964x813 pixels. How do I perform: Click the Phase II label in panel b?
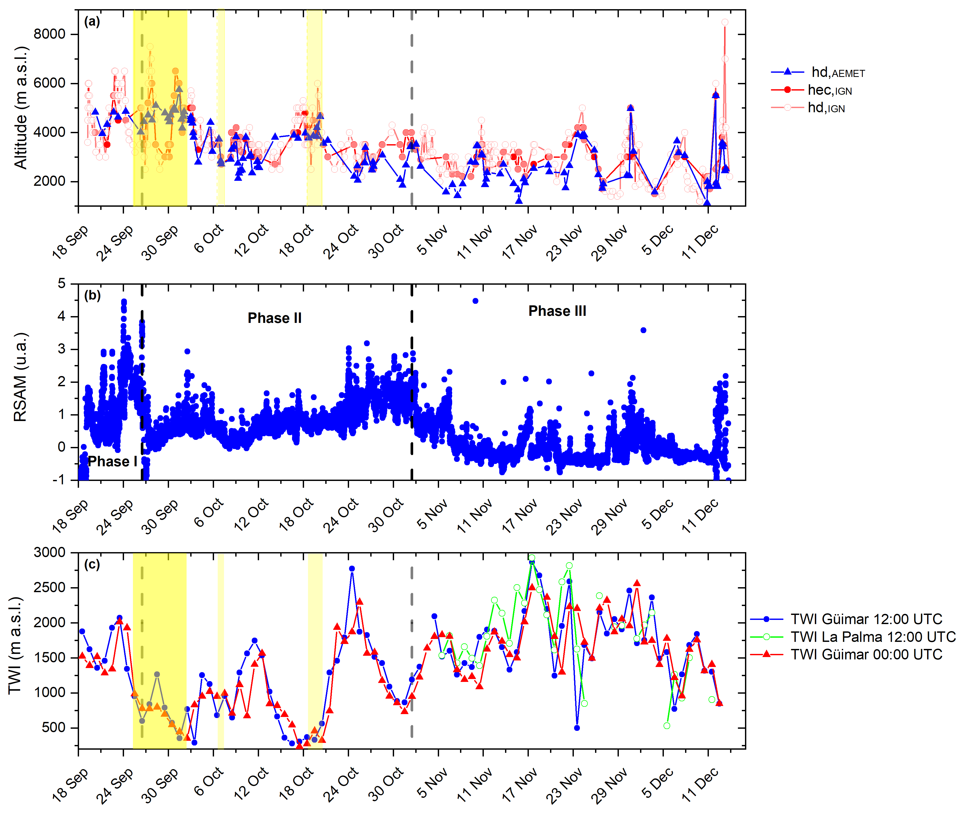point(275,318)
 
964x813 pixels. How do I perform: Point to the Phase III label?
point(557,311)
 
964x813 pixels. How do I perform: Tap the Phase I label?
point(113,461)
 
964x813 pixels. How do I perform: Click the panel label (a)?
point(92,22)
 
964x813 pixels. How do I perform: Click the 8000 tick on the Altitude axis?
point(49,34)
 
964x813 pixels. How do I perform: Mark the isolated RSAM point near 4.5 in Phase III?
point(475,301)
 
